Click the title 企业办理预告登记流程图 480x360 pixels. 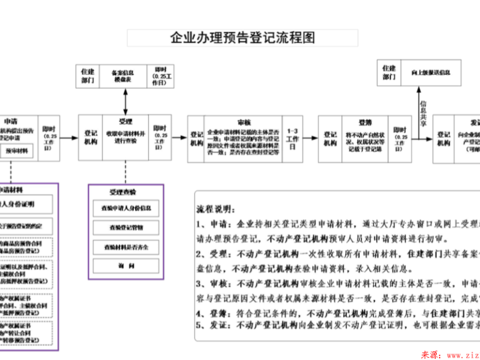[242, 38]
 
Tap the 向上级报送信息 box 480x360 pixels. [431, 73]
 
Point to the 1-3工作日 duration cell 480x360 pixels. [293, 139]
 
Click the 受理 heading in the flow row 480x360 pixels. [125, 121]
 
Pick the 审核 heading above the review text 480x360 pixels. [244, 121]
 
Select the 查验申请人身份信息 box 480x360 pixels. [125, 208]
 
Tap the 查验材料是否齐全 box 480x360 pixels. [125, 247]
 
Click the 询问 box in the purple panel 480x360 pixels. [125, 266]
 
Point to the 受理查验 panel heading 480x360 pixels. [122, 192]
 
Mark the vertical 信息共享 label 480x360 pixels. [424, 112]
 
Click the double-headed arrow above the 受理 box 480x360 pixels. [125, 103]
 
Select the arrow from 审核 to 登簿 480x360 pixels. [311, 139]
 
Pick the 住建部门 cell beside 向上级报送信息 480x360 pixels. [389, 73]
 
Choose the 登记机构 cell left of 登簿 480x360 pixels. [331, 139]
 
